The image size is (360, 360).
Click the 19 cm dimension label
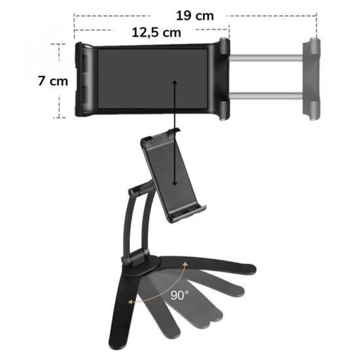(194, 15)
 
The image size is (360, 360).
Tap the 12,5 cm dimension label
(156, 33)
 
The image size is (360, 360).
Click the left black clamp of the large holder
(84, 80)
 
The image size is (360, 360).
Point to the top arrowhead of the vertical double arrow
(175, 83)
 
